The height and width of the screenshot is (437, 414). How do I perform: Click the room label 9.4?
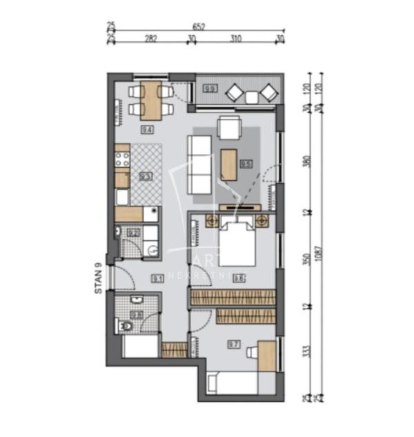(147, 129)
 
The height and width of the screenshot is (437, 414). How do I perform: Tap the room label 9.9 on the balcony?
(210, 88)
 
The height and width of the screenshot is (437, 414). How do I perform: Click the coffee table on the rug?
(229, 164)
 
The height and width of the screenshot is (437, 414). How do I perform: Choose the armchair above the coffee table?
(229, 128)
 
